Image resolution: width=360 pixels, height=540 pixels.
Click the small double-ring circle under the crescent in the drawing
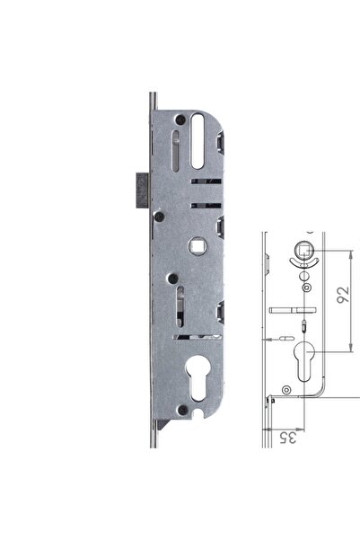click(x=308, y=288)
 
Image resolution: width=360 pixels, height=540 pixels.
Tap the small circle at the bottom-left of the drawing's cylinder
click(x=285, y=388)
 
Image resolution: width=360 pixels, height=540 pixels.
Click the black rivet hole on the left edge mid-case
click(x=158, y=215)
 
